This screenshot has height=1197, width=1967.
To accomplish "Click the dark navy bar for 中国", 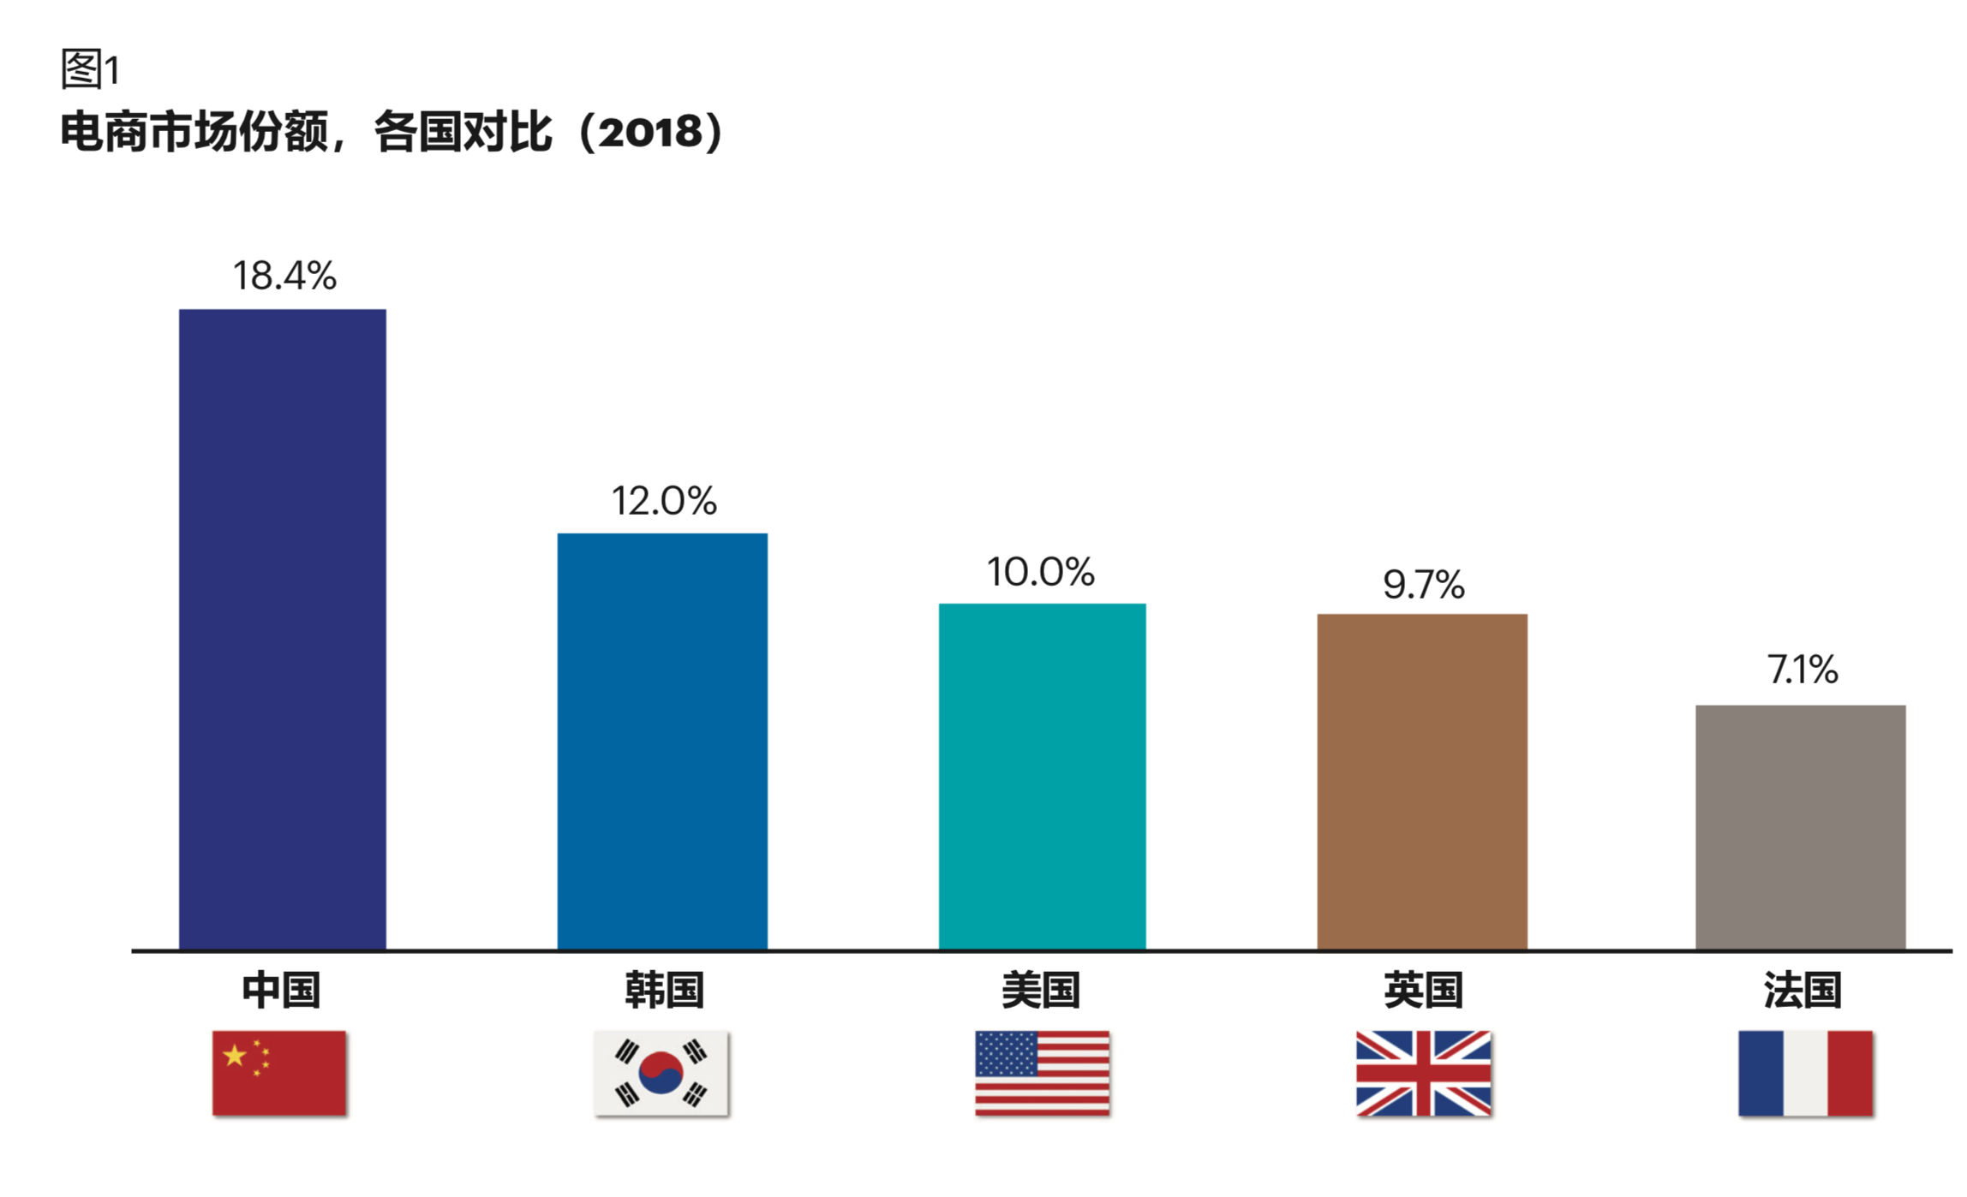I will click(282, 629).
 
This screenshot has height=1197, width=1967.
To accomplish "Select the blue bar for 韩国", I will click(662, 741).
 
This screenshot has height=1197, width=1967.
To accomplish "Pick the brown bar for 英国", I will click(1422, 782).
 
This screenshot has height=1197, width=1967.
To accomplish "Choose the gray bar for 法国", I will click(1800, 827).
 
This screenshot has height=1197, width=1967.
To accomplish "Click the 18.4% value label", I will click(284, 276).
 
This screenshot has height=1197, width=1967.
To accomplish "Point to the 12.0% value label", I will click(664, 501).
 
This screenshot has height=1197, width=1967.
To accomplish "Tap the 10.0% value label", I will click(1041, 572).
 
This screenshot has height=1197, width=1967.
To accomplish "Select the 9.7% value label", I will click(1424, 585).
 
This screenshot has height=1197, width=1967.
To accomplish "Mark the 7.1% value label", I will click(1803, 670).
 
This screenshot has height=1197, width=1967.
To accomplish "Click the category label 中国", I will click(281, 990).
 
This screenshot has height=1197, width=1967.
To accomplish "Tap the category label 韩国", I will click(664, 990).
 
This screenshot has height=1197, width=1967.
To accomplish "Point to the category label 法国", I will click(1803, 990).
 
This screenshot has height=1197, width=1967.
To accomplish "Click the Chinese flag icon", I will click(279, 1073).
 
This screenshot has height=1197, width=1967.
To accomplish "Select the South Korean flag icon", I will click(661, 1073).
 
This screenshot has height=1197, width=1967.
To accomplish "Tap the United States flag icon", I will click(1042, 1073).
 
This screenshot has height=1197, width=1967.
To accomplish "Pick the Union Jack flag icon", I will click(1423, 1073).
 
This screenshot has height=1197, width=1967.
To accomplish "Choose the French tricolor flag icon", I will click(1805, 1073).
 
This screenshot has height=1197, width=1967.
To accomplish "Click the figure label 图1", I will click(90, 69).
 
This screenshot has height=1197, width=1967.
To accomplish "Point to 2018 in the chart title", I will click(650, 133).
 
